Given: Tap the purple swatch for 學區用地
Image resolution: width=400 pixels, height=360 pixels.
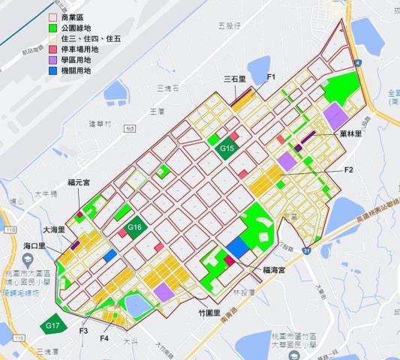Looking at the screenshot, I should click(53, 58).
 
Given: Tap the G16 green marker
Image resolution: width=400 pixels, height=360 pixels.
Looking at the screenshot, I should click(135, 226).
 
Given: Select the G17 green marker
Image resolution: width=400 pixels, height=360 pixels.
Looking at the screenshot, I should click(52, 325).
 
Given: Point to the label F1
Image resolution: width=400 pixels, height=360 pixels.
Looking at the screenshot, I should click(272, 77).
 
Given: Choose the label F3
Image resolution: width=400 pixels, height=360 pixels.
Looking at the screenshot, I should click(83, 331).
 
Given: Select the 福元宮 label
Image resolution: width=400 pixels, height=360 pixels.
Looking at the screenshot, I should click(79, 181).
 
